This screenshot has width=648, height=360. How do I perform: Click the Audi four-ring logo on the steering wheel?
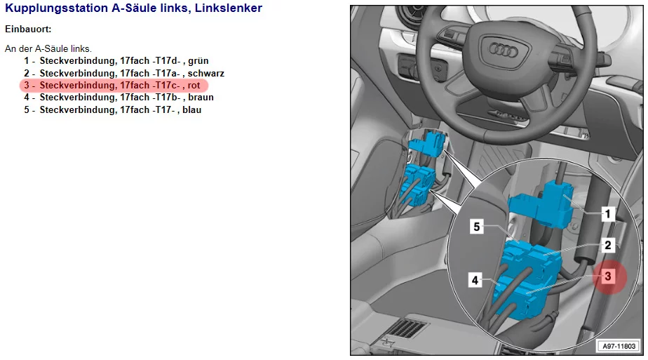pos(503,51)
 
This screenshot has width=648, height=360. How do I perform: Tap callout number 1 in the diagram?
pos(607,214)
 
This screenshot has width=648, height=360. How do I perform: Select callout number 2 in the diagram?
pos(608,246)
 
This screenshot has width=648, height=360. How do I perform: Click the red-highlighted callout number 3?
pos(608,276)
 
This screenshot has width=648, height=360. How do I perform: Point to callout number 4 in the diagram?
pos(475,280)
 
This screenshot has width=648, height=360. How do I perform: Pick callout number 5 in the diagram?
pos(477,227)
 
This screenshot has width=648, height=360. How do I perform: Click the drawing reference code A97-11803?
pos(619,346)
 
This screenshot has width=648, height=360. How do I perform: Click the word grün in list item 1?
pos(198,61)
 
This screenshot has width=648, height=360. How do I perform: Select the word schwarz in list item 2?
pos(205,73)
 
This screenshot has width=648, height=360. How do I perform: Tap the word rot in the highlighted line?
pos(194,86)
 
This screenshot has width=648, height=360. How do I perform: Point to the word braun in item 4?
pos(201,98)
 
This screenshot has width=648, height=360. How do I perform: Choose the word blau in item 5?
pos(191,110)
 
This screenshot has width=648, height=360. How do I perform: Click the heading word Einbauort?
pos(28,29)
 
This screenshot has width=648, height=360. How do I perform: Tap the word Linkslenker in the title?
pos(229,8)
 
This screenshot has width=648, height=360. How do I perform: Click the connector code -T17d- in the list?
pos(166,61)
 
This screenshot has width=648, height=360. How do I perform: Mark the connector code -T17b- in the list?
pos(166,98)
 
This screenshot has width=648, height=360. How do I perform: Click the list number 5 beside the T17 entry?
pos(27,110)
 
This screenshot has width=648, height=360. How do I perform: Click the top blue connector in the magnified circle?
pos(541,205)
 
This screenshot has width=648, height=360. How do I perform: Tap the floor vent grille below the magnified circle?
pos(406,329)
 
